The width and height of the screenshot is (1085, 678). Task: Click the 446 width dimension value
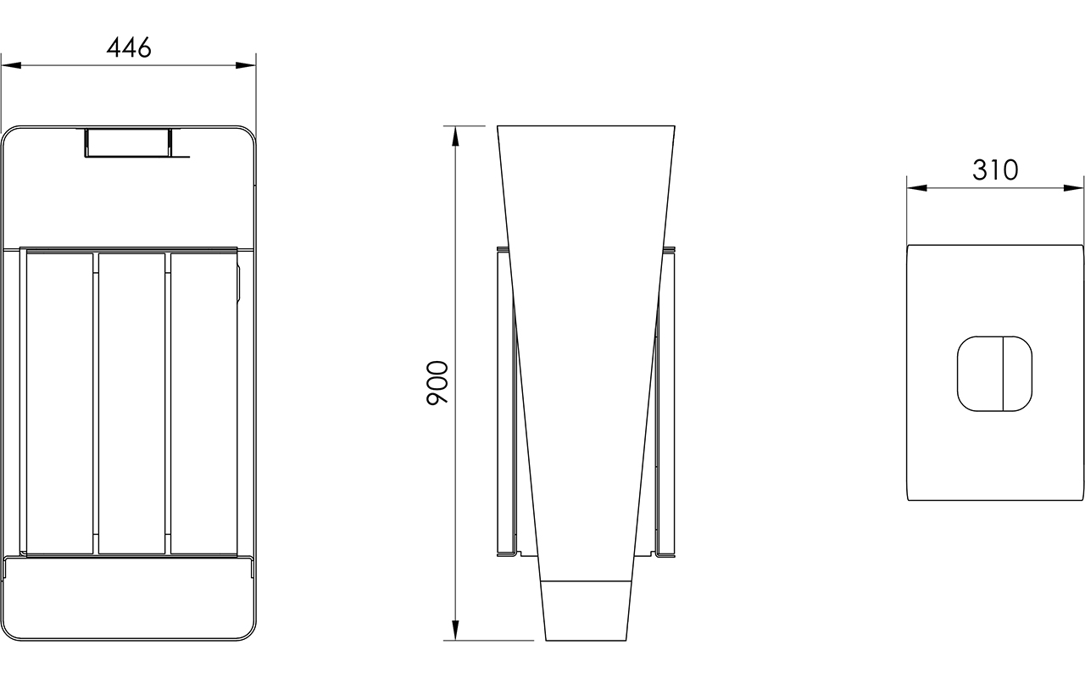pos(129,47)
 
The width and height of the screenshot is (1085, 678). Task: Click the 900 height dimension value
pos(437,382)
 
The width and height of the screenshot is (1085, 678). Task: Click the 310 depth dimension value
pos(995,170)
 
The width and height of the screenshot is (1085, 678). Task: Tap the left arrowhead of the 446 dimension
pos(12,65)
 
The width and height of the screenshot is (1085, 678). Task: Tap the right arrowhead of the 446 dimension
pos(246,65)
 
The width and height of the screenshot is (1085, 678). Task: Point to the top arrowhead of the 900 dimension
pos(455,136)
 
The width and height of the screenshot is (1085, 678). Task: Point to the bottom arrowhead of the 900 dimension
pos(455,630)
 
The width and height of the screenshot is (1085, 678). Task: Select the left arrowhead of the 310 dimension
pos(917,188)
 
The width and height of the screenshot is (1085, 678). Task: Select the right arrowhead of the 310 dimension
pos(1073,188)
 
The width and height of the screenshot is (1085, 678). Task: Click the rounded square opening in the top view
pos(994,374)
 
